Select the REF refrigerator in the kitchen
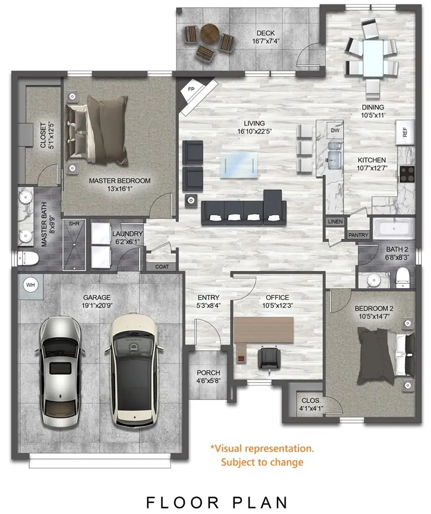tap(405, 132)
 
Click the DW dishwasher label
tap(335, 130)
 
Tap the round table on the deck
tap(210, 36)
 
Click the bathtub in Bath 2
tap(394, 229)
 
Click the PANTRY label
tap(358, 234)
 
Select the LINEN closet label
tap(335, 221)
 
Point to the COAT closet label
tap(162, 267)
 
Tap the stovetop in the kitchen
tap(407, 173)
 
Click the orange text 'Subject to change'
tap(262, 461)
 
